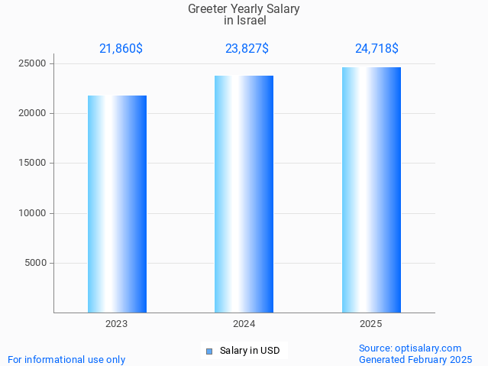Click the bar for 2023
(x=117, y=204)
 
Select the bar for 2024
(x=244, y=194)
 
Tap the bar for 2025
(x=371, y=190)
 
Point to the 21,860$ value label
(x=121, y=49)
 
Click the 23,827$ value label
(x=247, y=49)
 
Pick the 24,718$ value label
(x=377, y=49)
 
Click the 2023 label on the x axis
(x=117, y=324)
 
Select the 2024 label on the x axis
(x=244, y=324)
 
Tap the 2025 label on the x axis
(x=371, y=324)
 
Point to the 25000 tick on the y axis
(x=34, y=63)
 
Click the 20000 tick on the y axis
(x=34, y=113)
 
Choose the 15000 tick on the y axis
(x=34, y=163)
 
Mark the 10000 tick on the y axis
(x=34, y=213)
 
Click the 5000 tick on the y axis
(x=36, y=263)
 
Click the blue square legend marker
(x=208, y=351)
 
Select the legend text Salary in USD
(x=250, y=351)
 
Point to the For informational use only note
(x=66, y=359)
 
